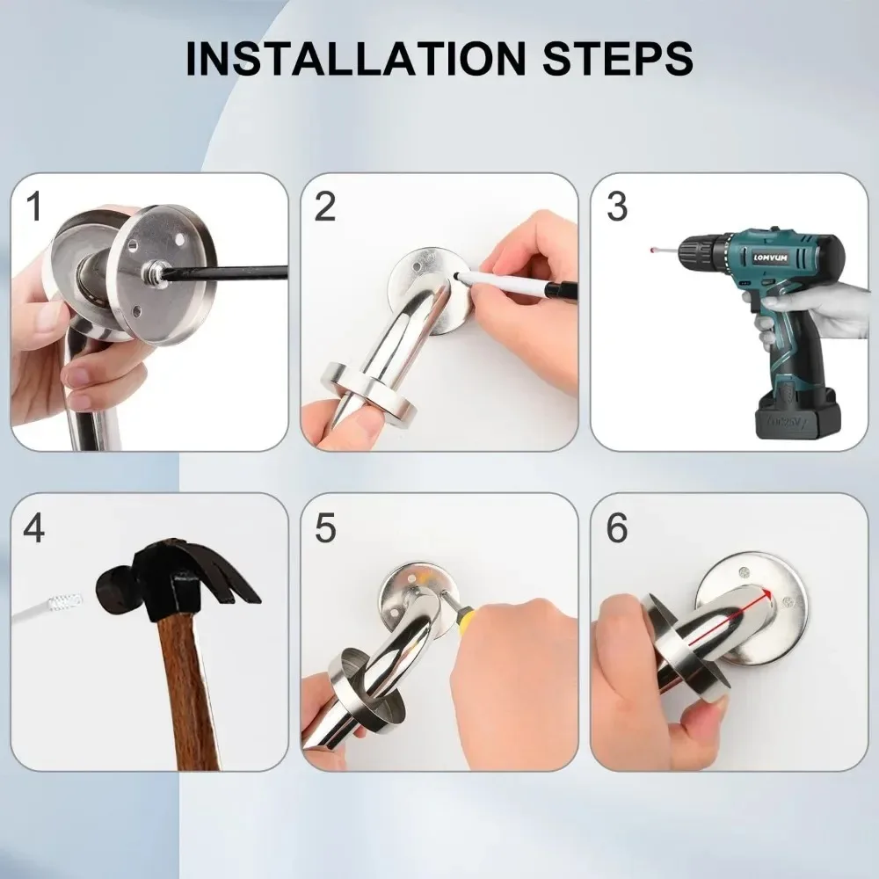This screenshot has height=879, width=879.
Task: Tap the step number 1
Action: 34,207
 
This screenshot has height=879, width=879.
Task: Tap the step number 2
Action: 325,207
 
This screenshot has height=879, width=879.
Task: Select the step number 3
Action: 617,207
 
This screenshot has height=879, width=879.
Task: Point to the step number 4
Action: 34,528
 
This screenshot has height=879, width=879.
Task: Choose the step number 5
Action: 325,528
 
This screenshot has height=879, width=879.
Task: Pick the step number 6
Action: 617,528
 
